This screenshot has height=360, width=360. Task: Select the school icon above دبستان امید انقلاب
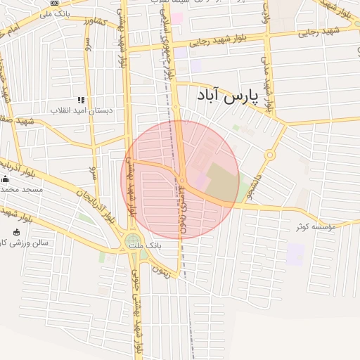point(81,101)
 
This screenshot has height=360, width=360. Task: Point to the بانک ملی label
point(56,13)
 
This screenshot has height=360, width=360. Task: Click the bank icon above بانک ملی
point(55,4)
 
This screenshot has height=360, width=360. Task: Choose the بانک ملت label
point(150,247)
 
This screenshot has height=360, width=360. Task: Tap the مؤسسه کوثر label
point(316,226)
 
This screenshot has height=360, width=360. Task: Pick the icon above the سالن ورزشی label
point(17,232)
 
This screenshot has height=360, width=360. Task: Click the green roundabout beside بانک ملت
point(133,243)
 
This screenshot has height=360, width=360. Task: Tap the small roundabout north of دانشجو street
point(269,155)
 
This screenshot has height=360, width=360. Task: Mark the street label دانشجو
point(259,185)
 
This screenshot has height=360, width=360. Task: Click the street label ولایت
point(265,15)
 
